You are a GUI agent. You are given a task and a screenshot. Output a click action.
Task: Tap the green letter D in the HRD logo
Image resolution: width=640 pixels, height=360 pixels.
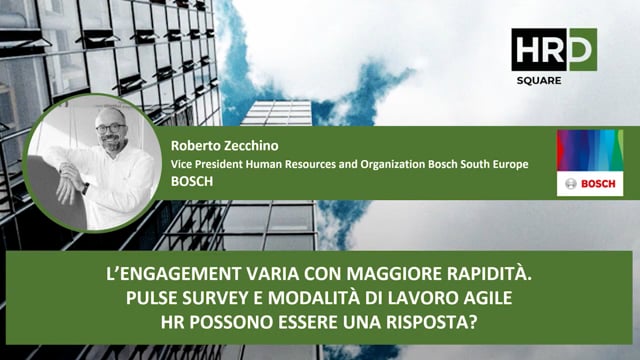pos(580,49)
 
